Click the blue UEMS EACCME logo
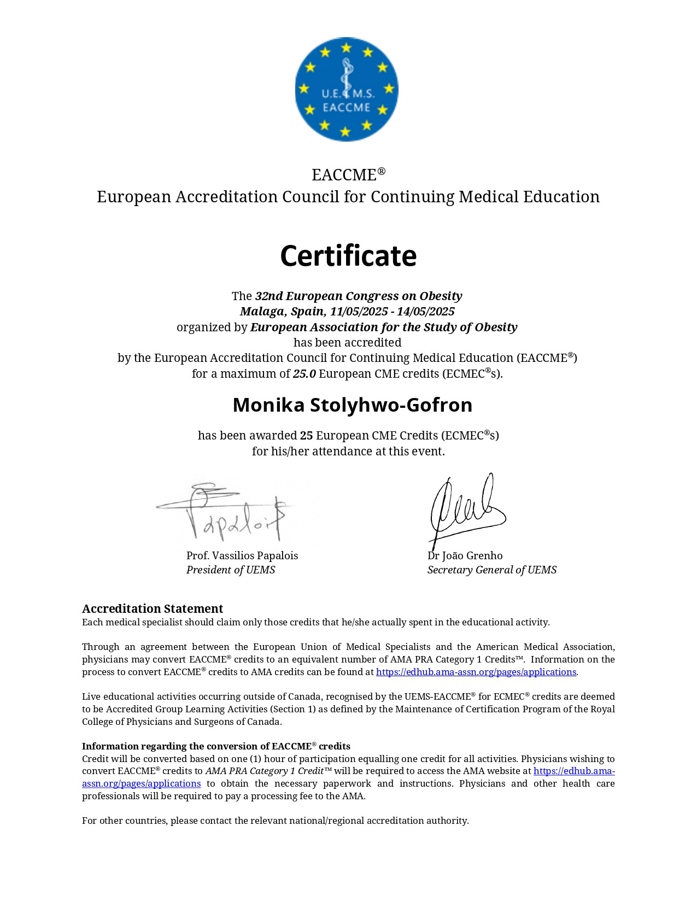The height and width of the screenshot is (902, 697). tap(347, 89)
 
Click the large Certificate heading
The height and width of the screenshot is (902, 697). tap(348, 256)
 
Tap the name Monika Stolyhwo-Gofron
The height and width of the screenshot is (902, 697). tap(352, 405)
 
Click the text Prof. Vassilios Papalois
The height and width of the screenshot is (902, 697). tap(242, 555)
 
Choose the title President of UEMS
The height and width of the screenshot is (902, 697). tap(231, 570)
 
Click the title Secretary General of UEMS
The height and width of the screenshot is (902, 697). tap(491, 570)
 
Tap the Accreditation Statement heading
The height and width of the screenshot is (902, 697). tap(153, 608)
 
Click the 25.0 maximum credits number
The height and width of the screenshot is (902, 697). tap(304, 374)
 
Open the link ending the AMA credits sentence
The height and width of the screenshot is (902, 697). tap(476, 672)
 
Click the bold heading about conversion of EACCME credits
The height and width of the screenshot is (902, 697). tap(216, 746)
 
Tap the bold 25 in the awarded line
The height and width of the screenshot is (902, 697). tap(306, 436)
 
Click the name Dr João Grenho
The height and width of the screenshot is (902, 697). tap(465, 555)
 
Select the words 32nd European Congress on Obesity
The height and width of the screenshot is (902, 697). tap(359, 296)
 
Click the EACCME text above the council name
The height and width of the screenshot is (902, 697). tap(344, 175)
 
